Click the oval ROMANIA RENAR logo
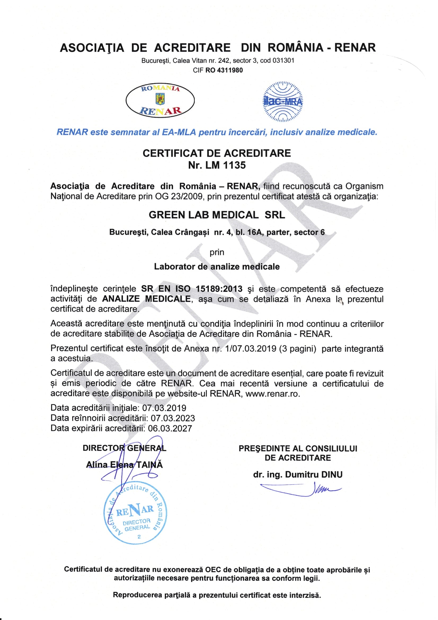(x=160, y=101)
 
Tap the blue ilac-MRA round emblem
(x=283, y=101)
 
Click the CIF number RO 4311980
(x=224, y=70)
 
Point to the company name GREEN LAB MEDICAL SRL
(x=217, y=215)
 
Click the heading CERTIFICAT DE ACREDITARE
(x=217, y=153)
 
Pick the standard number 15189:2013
(x=219, y=289)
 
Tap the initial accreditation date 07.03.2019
(x=164, y=408)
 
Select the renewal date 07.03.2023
(x=173, y=418)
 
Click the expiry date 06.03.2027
(x=170, y=428)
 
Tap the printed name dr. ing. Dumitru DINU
(x=298, y=475)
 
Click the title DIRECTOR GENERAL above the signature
(x=125, y=448)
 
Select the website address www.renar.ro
(x=273, y=394)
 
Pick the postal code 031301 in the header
(x=283, y=60)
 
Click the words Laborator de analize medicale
(x=217, y=267)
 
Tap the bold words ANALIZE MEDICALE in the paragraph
(x=146, y=299)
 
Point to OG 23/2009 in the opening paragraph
(x=179, y=196)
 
